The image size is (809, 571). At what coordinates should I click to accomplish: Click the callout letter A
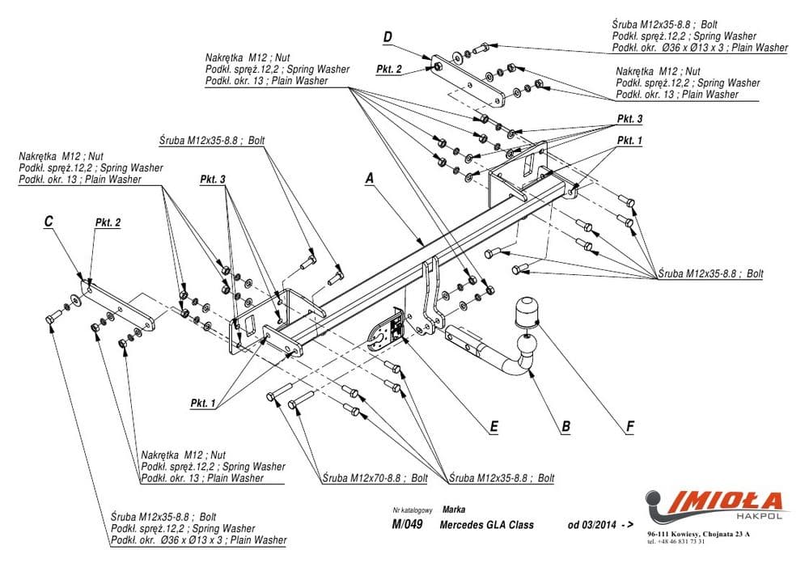point(370,179)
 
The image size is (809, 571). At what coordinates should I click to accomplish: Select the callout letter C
point(49,221)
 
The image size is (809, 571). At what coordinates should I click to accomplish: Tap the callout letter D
point(388,36)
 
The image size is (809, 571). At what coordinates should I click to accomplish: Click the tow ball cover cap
point(526,310)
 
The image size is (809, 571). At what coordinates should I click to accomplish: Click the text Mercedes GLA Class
point(487,525)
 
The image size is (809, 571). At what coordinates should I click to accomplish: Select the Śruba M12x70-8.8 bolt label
point(375,478)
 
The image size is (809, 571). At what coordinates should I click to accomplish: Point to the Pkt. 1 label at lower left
point(203,403)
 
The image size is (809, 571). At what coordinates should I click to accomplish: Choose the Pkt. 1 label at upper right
point(629,140)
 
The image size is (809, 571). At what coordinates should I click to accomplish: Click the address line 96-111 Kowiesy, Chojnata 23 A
point(698,535)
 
